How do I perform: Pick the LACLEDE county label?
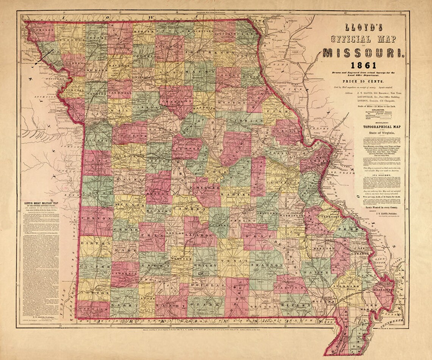click(x=199, y=235)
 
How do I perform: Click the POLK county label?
click(x=148, y=235)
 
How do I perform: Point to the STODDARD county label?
click(x=347, y=287)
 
